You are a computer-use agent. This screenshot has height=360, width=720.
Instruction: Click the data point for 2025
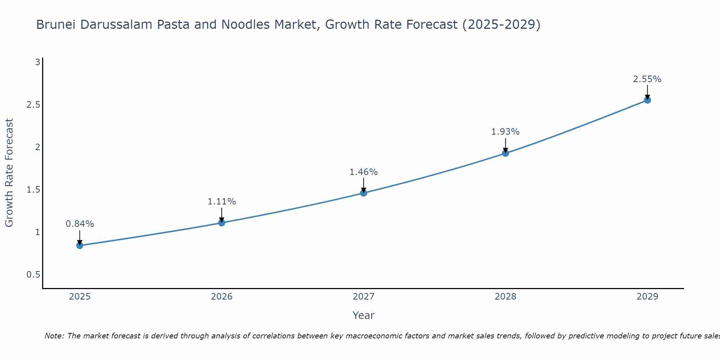tap(80, 246)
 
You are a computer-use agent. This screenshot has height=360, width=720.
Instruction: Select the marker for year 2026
tap(222, 223)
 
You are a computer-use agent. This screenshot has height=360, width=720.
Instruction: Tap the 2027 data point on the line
tap(364, 193)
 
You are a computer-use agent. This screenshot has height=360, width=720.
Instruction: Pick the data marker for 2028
tap(505, 153)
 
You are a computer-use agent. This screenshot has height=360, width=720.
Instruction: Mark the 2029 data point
tap(647, 100)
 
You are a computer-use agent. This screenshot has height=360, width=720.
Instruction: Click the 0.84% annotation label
tap(80, 224)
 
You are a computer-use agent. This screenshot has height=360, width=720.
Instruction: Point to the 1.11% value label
tap(222, 202)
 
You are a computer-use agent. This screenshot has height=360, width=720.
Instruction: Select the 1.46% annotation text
tap(364, 172)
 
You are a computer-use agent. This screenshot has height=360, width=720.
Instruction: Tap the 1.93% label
tap(505, 132)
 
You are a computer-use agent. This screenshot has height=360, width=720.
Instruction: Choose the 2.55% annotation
tap(647, 79)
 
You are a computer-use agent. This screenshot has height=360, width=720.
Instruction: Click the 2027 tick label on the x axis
tap(364, 297)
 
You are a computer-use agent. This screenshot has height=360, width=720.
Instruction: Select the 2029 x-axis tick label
tap(647, 297)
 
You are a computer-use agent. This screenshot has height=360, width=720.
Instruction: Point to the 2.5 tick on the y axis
tap(33, 105)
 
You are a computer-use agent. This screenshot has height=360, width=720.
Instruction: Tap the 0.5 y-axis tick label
tap(33, 275)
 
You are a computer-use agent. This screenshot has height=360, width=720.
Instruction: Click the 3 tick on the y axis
tap(37, 62)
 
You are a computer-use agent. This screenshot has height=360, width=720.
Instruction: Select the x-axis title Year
tap(364, 315)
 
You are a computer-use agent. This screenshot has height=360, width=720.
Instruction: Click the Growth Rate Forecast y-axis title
tap(9, 173)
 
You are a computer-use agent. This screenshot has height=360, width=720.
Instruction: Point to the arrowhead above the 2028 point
tap(505, 150)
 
